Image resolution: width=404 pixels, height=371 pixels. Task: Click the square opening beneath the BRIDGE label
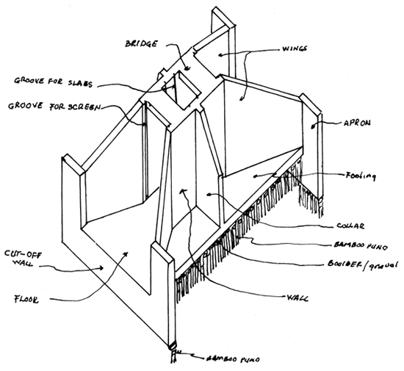[x=178, y=86]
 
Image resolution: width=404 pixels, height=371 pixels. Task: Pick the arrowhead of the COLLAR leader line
[x=209, y=193]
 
